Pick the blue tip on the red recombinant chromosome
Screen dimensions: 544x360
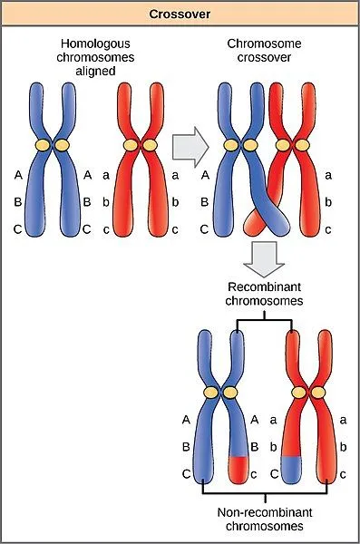(x=292, y=468)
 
